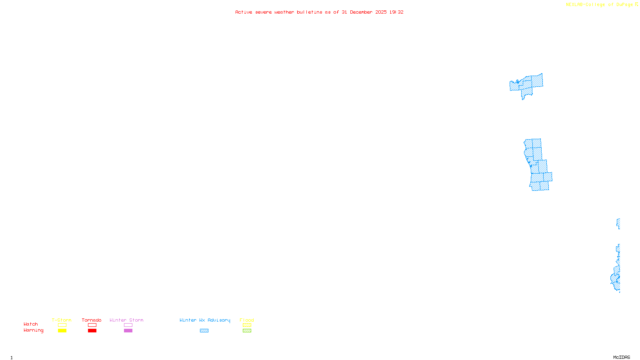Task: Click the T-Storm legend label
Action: [62, 320]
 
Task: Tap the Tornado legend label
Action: [92, 320]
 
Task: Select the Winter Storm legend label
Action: [126, 320]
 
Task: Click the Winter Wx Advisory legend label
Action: [205, 320]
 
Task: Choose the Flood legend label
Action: [247, 320]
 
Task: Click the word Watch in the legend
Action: [31, 324]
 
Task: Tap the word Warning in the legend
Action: [34, 330]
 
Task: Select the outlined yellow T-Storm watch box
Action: [62, 325]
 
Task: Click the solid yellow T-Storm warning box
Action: [62, 331]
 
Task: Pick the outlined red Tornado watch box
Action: [92, 325]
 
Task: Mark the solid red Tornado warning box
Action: [92, 331]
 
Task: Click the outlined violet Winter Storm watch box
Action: [128, 325]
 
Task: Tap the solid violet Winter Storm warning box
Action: [128, 331]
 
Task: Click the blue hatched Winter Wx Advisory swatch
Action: [204, 331]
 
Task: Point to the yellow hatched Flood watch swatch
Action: [247, 325]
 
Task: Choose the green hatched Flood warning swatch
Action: [247, 331]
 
